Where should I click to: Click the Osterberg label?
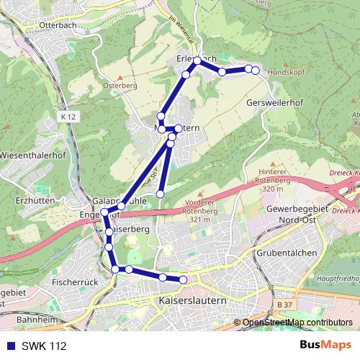(x=120, y=84)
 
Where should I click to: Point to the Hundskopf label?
(x=287, y=73)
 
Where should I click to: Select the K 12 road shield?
(x=68, y=115)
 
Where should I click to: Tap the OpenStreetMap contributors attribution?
(x=297, y=323)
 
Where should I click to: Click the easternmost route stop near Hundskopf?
(x=256, y=70)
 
